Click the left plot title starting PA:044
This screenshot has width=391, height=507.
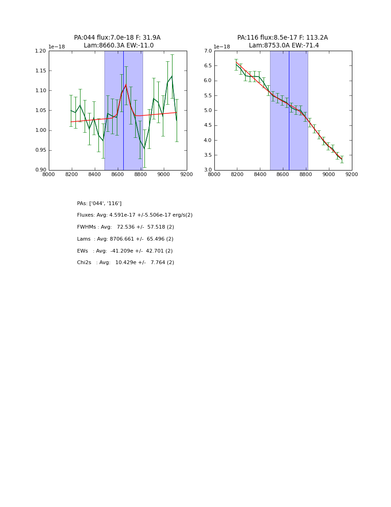(117, 38)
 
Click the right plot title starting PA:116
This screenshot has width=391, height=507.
(282, 38)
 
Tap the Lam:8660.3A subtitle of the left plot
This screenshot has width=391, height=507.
(119, 46)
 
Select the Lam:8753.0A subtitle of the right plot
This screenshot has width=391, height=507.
(284, 46)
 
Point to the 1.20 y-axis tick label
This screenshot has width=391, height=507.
(40, 51)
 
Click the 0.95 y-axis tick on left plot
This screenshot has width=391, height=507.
(40, 150)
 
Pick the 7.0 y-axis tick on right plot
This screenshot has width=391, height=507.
(207, 51)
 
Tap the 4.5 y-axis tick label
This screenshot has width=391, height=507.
(207, 125)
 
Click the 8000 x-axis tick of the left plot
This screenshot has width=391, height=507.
(49, 174)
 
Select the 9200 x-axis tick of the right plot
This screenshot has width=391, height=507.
(352, 174)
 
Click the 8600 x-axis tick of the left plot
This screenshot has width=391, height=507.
(118, 174)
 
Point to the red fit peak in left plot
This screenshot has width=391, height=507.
(126, 85)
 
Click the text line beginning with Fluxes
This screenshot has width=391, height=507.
(135, 215)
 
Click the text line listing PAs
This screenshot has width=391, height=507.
(99, 204)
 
